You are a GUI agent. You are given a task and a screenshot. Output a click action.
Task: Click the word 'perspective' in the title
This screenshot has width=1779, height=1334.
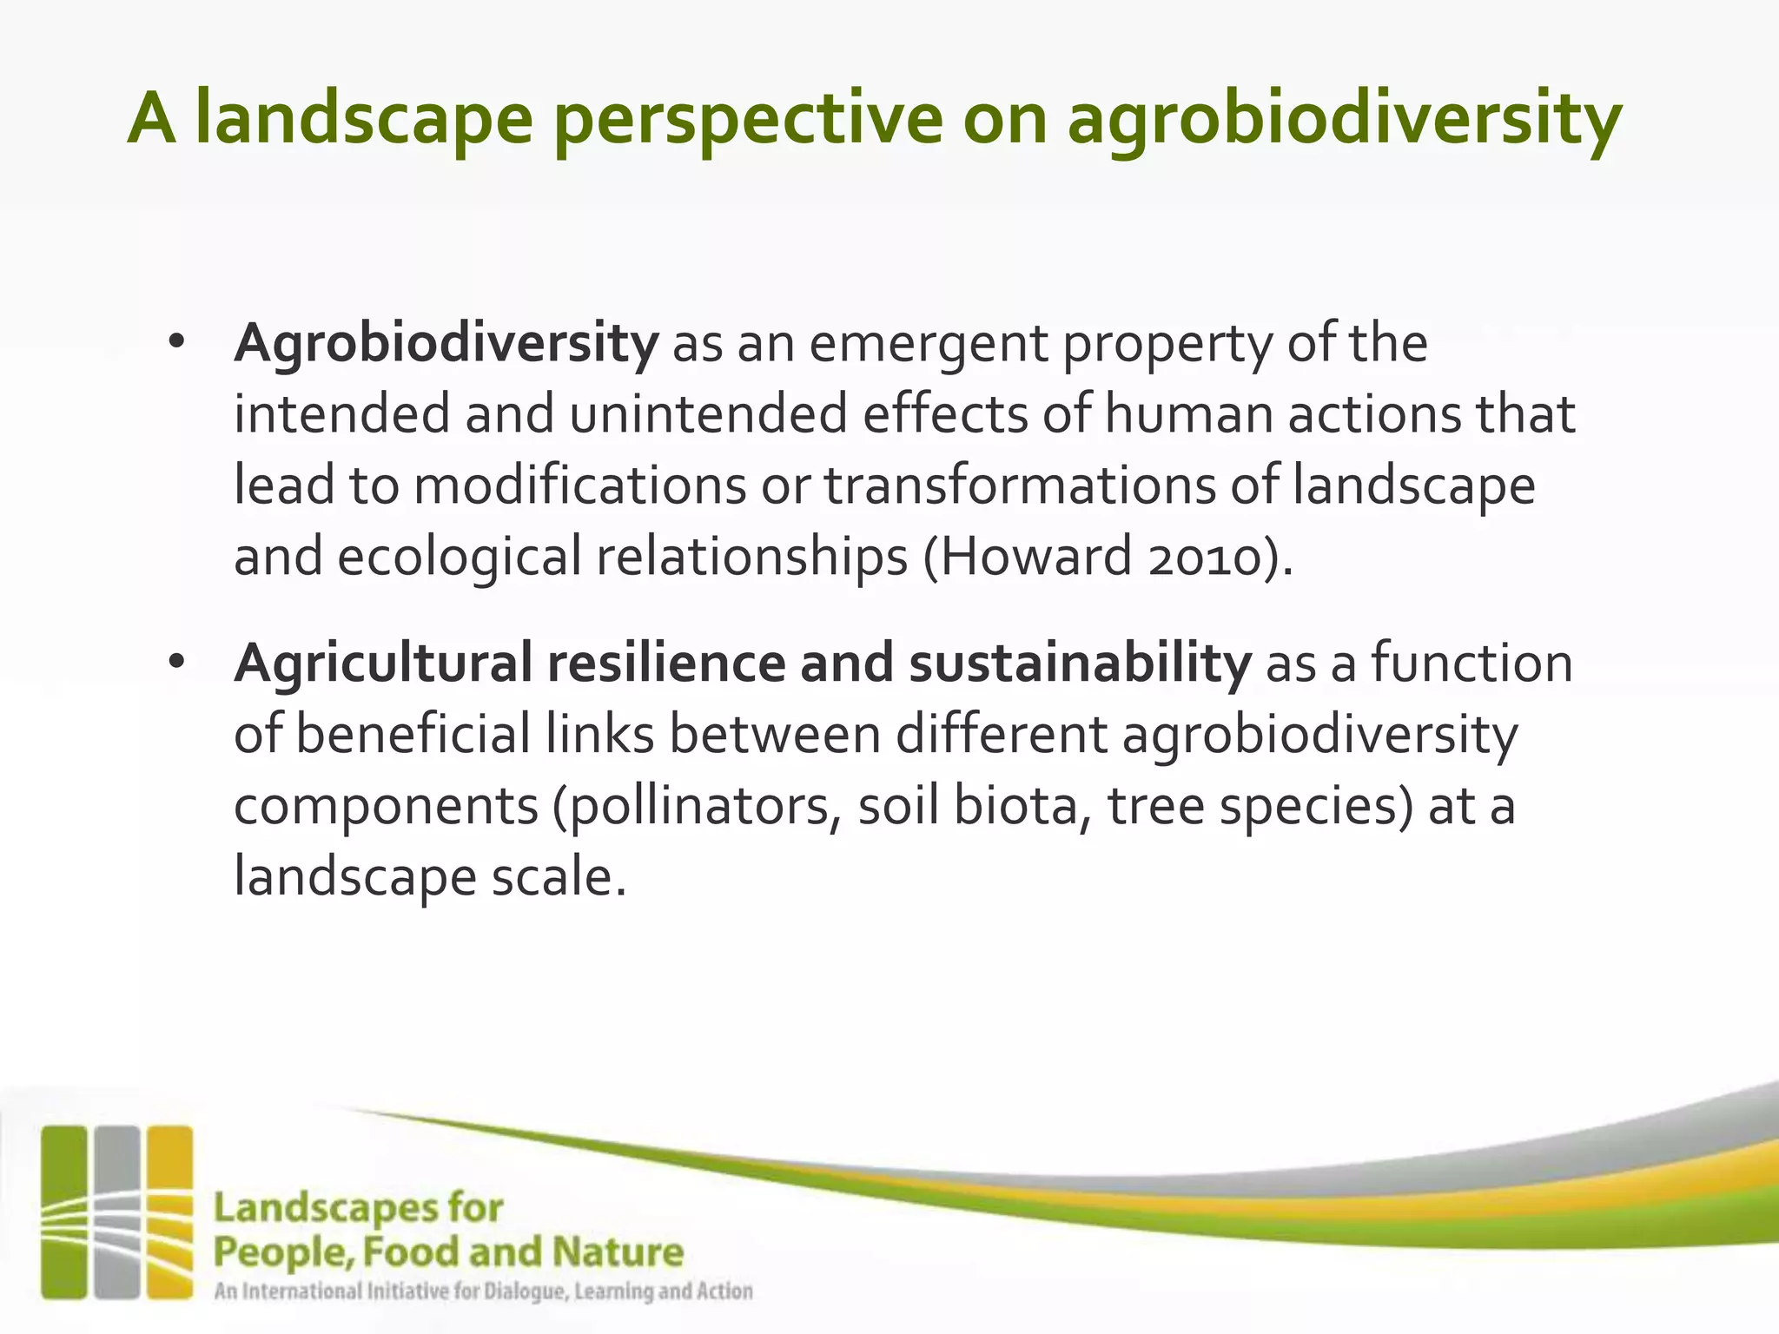(747, 120)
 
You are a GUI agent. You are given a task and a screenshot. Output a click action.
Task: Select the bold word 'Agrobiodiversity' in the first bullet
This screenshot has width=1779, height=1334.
(446, 344)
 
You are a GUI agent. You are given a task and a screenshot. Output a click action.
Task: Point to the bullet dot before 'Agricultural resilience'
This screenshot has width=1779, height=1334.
(177, 663)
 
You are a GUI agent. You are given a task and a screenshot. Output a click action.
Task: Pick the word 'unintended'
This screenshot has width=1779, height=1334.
(708, 414)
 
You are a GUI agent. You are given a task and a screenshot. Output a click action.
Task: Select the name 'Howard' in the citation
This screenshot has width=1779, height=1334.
(1035, 557)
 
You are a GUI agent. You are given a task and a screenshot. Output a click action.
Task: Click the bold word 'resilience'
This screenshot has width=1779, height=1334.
(665, 664)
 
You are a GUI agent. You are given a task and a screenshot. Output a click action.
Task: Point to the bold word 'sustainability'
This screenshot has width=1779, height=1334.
(1079, 664)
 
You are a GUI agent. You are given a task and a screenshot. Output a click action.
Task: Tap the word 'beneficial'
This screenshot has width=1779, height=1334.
(413, 735)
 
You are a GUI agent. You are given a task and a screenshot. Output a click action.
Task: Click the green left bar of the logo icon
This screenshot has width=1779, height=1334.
(64, 1212)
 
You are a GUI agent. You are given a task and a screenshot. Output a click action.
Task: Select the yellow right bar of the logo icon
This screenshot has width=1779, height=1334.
(169, 1212)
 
